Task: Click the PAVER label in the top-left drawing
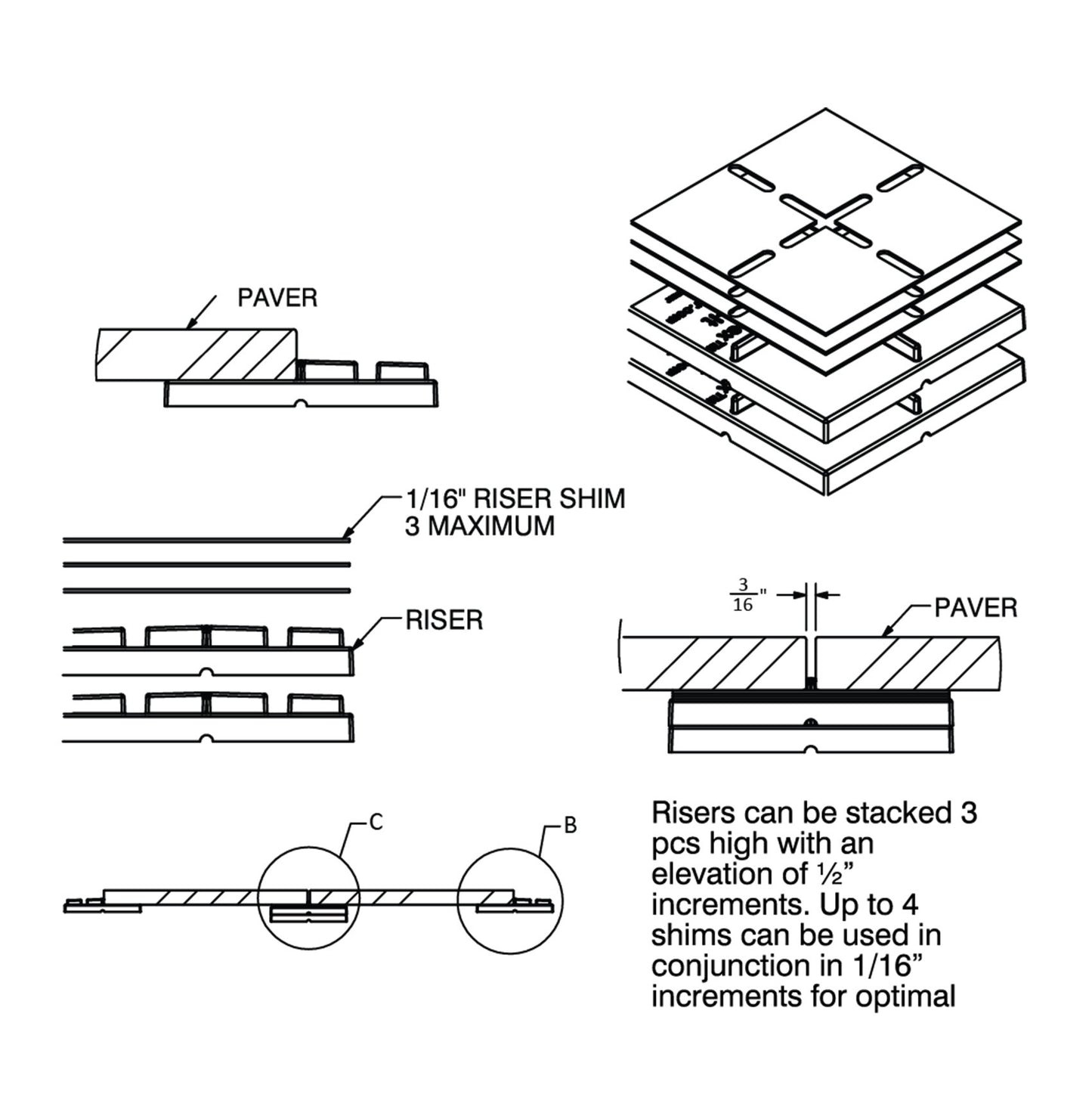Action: (x=277, y=297)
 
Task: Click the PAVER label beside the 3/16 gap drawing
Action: (x=975, y=608)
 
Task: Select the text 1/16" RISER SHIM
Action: (x=515, y=499)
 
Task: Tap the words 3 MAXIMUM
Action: (x=479, y=526)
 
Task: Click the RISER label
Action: (x=444, y=620)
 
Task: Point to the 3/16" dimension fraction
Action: (x=743, y=595)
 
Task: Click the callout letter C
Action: (x=376, y=822)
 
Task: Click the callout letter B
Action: (x=571, y=826)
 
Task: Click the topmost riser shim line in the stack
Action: (x=204, y=540)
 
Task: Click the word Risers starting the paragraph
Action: (x=693, y=813)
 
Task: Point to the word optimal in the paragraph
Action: (x=905, y=997)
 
